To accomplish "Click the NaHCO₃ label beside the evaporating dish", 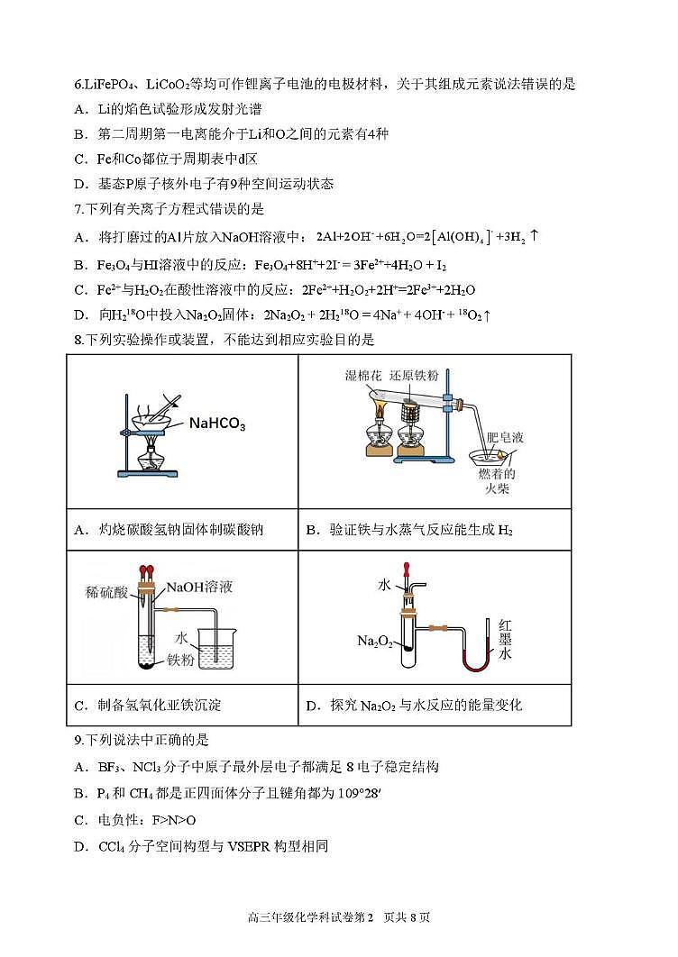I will pos(216,424).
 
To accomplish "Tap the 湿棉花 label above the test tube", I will pos(366,374).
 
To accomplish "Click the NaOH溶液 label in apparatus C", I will pos(200,587).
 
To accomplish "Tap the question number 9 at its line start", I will pos(78,740).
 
